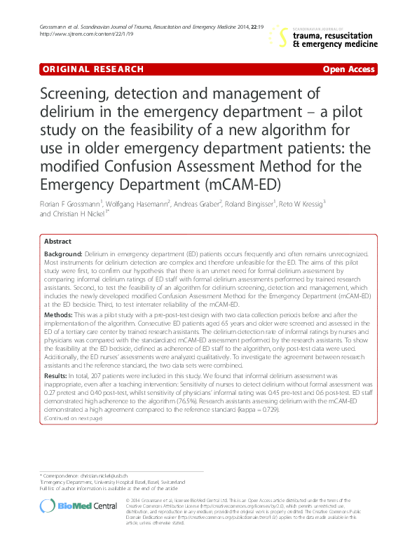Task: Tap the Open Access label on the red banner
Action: (x=348, y=69)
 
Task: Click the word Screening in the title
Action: (x=77, y=95)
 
